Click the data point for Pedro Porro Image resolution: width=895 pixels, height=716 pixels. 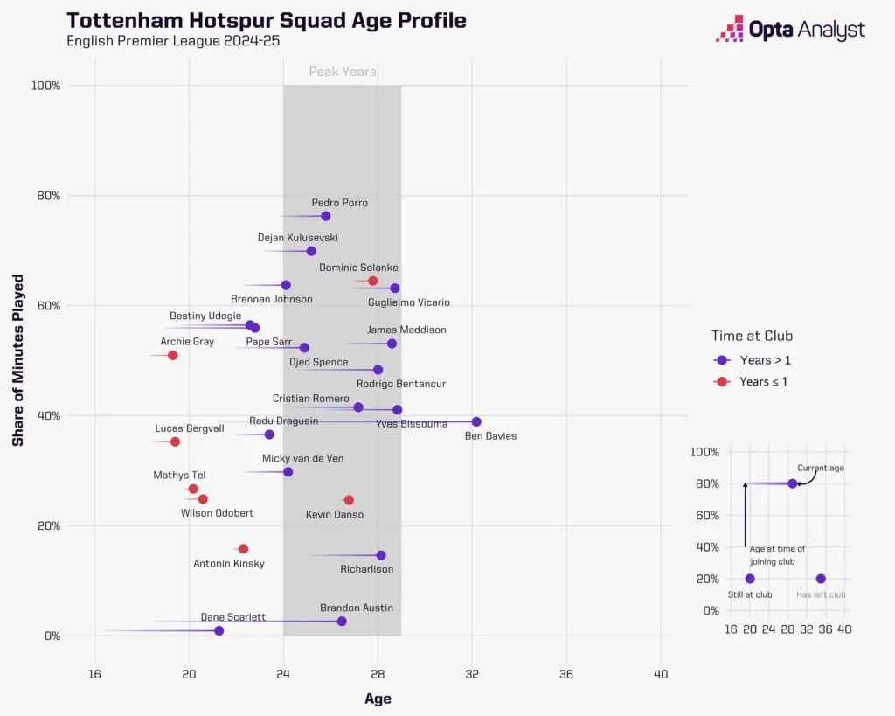(x=326, y=216)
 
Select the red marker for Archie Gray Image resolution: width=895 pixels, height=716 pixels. (x=172, y=355)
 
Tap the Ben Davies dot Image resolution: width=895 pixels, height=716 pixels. (x=476, y=421)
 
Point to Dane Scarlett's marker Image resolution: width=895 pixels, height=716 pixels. (x=219, y=630)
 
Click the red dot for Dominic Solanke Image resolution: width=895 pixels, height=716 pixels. (x=372, y=281)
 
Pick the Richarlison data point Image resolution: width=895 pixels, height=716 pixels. (x=381, y=555)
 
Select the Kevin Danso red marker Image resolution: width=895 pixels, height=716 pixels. (x=349, y=500)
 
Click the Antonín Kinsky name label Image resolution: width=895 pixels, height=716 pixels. (x=229, y=564)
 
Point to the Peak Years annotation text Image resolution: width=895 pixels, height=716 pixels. (x=343, y=72)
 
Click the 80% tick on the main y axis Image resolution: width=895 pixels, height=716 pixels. (x=46, y=196)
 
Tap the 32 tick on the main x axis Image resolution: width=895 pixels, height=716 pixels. (x=472, y=673)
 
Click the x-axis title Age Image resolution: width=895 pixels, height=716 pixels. (x=378, y=699)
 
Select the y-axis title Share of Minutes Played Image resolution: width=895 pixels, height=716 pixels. (x=17, y=360)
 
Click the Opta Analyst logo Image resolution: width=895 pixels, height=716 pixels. (x=790, y=30)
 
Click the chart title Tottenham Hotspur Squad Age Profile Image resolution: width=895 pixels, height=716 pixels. (x=267, y=20)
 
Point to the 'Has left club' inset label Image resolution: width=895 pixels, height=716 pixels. (x=821, y=594)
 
